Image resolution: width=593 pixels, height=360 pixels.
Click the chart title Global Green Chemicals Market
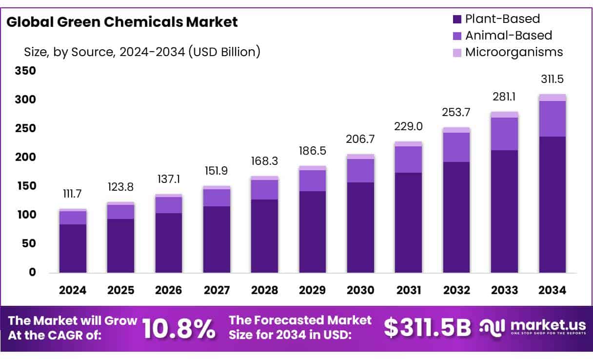pyautogui.click(x=122, y=22)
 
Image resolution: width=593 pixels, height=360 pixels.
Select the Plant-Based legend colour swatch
pyautogui.click(x=457, y=20)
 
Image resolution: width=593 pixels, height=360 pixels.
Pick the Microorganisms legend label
pyautogui.click(x=514, y=52)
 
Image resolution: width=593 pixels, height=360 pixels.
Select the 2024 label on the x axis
pyautogui.click(x=73, y=290)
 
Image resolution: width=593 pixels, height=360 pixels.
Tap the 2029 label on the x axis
pyautogui.click(x=313, y=290)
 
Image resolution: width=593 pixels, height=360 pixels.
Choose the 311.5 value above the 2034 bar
pyautogui.click(x=553, y=79)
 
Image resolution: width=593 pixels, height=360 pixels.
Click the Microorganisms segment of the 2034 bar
pyautogui.click(x=553, y=98)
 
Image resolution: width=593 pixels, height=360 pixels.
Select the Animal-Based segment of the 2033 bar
pyautogui.click(x=504, y=134)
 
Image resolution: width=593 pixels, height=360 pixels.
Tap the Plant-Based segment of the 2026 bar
pyautogui.click(x=169, y=242)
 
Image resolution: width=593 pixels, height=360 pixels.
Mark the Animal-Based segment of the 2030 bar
pyautogui.click(x=361, y=171)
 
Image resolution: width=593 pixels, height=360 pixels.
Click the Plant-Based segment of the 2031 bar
pyautogui.click(x=409, y=222)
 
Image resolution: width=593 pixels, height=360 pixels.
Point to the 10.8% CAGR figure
pyautogui.click(x=179, y=329)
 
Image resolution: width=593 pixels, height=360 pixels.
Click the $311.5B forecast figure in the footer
pyautogui.click(x=427, y=328)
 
